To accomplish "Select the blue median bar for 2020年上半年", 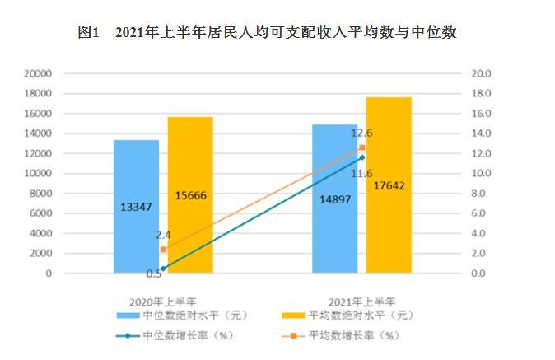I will click(136, 206).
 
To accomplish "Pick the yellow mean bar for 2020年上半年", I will click(190, 194).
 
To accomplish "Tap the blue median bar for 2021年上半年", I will click(334, 198).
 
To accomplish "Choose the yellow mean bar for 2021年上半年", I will click(389, 185).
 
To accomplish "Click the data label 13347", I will click(136, 206).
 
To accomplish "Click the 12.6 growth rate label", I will click(362, 133).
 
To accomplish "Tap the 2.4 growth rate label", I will click(163, 235).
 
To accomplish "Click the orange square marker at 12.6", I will click(361, 147).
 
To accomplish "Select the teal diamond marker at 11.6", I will click(361, 157).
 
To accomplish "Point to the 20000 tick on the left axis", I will click(39, 73).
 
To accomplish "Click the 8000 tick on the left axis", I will click(41, 193).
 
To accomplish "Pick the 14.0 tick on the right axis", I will click(481, 133).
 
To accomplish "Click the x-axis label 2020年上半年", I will click(163, 301).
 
